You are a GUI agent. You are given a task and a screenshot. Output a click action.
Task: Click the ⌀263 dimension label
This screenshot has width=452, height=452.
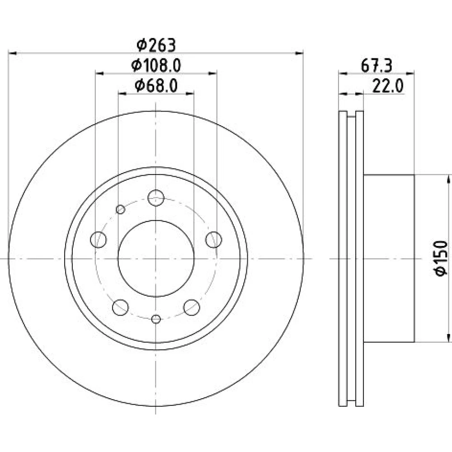156,45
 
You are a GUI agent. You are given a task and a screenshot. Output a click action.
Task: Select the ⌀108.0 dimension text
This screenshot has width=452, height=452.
156,66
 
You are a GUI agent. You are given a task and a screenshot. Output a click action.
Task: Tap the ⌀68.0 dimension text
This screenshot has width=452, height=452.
156,85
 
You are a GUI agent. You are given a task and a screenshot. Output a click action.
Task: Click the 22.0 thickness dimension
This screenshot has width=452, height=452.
388,85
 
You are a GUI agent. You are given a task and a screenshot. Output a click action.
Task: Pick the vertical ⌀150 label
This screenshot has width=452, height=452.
441,258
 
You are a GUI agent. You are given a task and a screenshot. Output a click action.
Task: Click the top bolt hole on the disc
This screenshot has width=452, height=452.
156,198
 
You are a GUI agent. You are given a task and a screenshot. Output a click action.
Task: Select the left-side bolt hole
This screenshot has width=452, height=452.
98,240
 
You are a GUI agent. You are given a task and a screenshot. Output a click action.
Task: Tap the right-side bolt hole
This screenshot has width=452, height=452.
214,240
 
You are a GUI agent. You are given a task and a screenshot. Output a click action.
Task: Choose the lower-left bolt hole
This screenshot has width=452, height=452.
120,307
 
